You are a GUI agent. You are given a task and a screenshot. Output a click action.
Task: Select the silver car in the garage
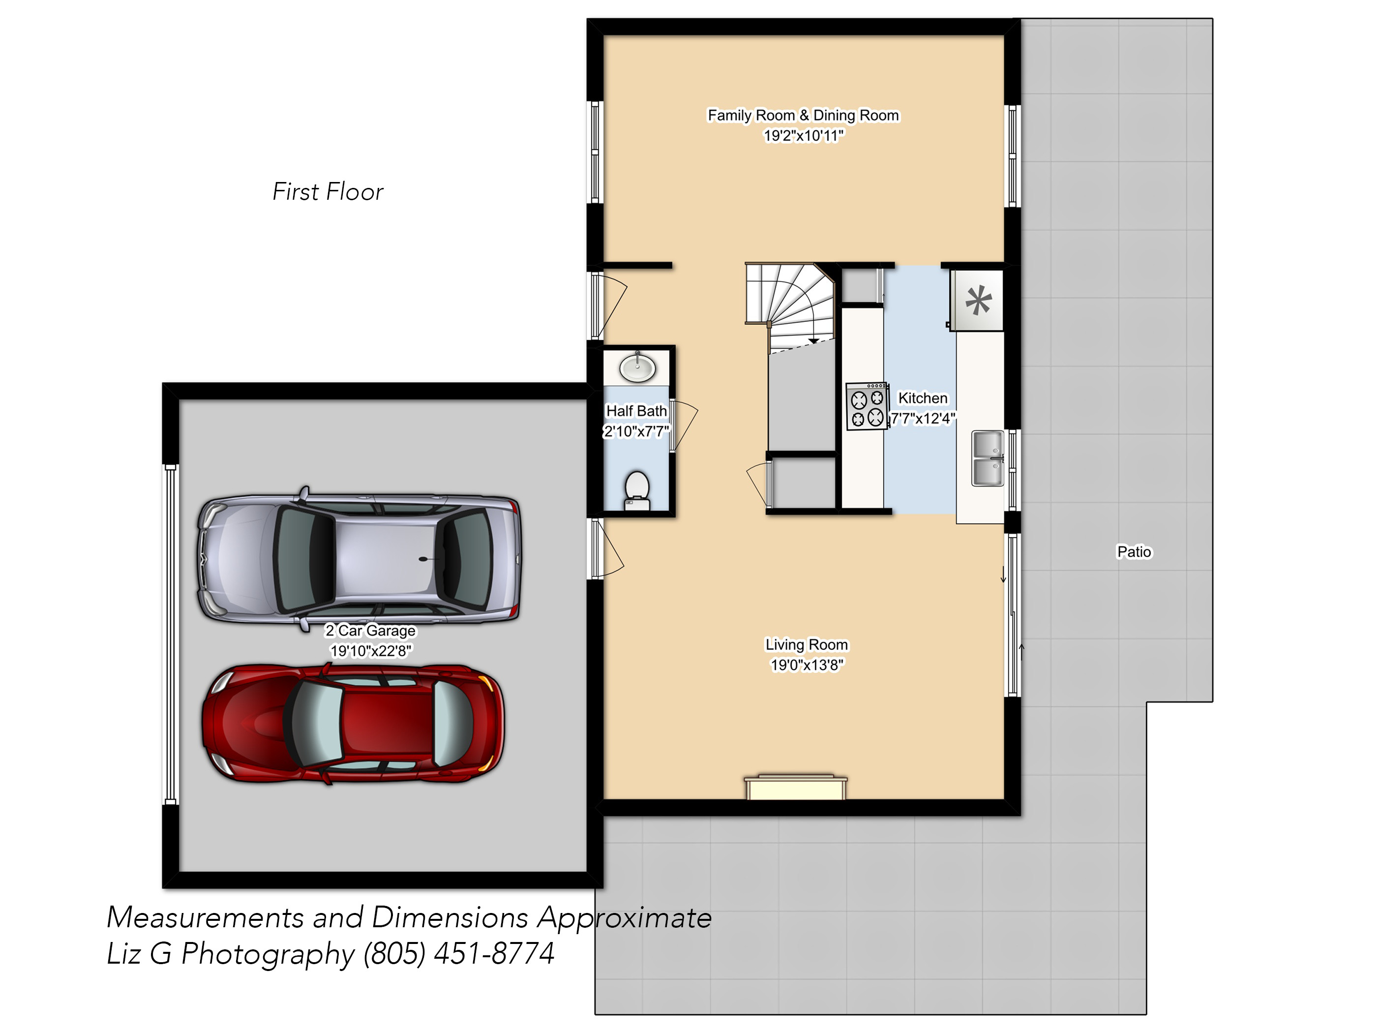pos(359,558)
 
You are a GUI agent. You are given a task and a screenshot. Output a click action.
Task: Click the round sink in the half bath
pos(637,367)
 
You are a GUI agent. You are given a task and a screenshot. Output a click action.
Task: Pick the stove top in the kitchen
pos(867,406)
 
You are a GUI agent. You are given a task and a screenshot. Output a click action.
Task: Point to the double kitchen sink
pos(988,458)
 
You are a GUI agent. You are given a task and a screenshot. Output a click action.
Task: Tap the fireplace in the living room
pos(796,788)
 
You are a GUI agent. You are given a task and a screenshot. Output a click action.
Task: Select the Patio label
pos(1134,552)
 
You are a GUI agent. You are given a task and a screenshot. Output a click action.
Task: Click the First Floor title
pos(328,192)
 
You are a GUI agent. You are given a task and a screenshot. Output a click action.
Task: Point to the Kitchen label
pos(923,398)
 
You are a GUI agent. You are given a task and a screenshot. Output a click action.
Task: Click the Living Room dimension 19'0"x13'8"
pos(807,665)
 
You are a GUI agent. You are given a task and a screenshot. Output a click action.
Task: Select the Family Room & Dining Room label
pos(803,115)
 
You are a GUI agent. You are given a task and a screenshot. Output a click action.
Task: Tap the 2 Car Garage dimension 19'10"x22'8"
pos(370,651)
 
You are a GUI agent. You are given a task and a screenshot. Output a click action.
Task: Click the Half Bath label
pos(636,411)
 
